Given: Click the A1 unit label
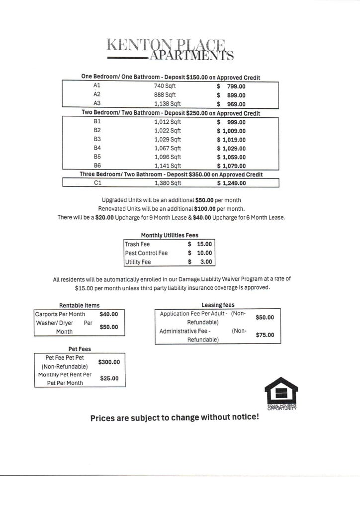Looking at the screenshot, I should click(97, 86).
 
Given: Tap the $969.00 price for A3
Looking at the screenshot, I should click(231, 104).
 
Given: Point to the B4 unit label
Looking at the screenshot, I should click(97, 148).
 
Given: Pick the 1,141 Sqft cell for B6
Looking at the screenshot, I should click(168, 166).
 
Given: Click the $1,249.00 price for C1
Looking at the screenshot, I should click(231, 183).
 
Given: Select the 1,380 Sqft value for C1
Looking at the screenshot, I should click(168, 183).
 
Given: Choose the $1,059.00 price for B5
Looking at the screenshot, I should click(231, 157).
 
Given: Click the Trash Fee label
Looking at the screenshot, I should click(137, 245).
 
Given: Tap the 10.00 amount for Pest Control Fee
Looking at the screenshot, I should click(204, 253).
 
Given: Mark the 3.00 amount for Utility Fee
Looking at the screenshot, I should click(206, 262).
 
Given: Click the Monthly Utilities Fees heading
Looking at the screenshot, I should click(170, 235).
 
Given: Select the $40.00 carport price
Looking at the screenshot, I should click(108, 314).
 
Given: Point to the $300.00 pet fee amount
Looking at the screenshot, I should click(109, 362).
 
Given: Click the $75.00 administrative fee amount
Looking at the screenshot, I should click(265, 335).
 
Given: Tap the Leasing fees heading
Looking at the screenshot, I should click(218, 305).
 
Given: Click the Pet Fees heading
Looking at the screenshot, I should click(80, 349).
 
